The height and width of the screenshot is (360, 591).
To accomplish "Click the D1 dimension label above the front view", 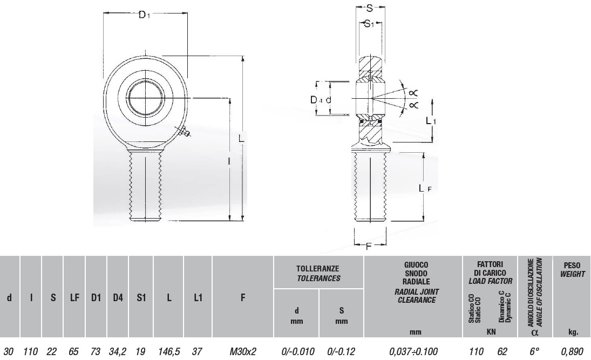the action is [144, 15].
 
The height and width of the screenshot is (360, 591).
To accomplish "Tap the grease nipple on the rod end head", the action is [184, 132].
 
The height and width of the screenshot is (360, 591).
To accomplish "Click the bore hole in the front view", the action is [146, 98].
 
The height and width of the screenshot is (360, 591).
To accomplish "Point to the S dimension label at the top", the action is [369, 8].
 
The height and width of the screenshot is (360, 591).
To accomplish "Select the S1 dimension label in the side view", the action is [369, 24].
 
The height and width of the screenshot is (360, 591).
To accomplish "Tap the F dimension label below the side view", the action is [369, 247].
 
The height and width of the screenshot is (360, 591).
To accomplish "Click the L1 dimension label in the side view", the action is [431, 120].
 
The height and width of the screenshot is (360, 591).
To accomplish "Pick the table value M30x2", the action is [243, 352].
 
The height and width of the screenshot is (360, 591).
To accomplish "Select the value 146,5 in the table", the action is [169, 352].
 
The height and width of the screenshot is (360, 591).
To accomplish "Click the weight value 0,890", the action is [572, 352].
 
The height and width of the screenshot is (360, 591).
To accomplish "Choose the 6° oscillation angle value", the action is [534, 351].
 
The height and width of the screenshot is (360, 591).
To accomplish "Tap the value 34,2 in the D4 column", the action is [118, 352].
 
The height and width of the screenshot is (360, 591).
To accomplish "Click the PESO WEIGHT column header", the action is [572, 269].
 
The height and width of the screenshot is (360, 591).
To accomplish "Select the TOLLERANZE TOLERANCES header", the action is [318, 274].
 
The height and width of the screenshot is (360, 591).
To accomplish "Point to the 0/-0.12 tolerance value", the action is [341, 352].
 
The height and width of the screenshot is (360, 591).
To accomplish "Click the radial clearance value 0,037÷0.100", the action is [413, 352].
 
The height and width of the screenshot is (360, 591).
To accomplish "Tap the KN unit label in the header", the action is [491, 332].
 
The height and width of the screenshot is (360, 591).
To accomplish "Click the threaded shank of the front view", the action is [145, 185].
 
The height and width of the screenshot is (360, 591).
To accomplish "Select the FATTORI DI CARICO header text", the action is [490, 269].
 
